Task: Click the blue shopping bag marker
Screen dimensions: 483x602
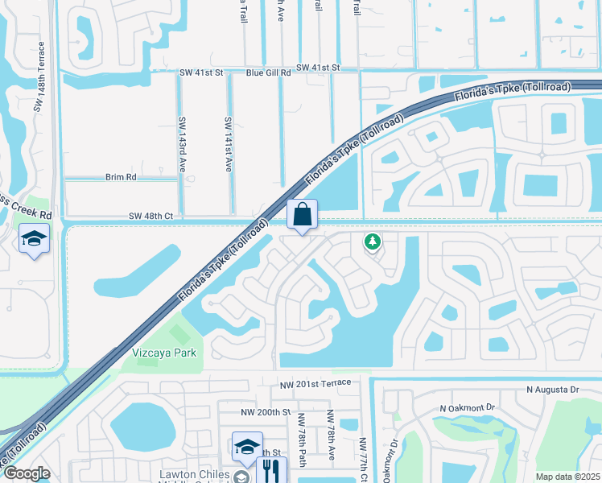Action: (x=302, y=215)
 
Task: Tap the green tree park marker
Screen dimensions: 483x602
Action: (x=372, y=241)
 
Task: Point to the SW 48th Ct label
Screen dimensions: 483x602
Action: (x=151, y=217)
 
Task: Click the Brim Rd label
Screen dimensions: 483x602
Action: (x=121, y=176)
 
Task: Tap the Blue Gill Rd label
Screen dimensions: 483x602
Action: (x=268, y=72)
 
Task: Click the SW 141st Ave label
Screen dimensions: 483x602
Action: (x=229, y=144)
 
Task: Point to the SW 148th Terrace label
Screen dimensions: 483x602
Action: (x=38, y=84)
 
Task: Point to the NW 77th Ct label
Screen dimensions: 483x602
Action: (x=363, y=460)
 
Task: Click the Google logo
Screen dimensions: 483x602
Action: (x=26, y=473)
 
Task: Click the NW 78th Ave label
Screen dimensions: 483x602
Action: (x=330, y=434)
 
